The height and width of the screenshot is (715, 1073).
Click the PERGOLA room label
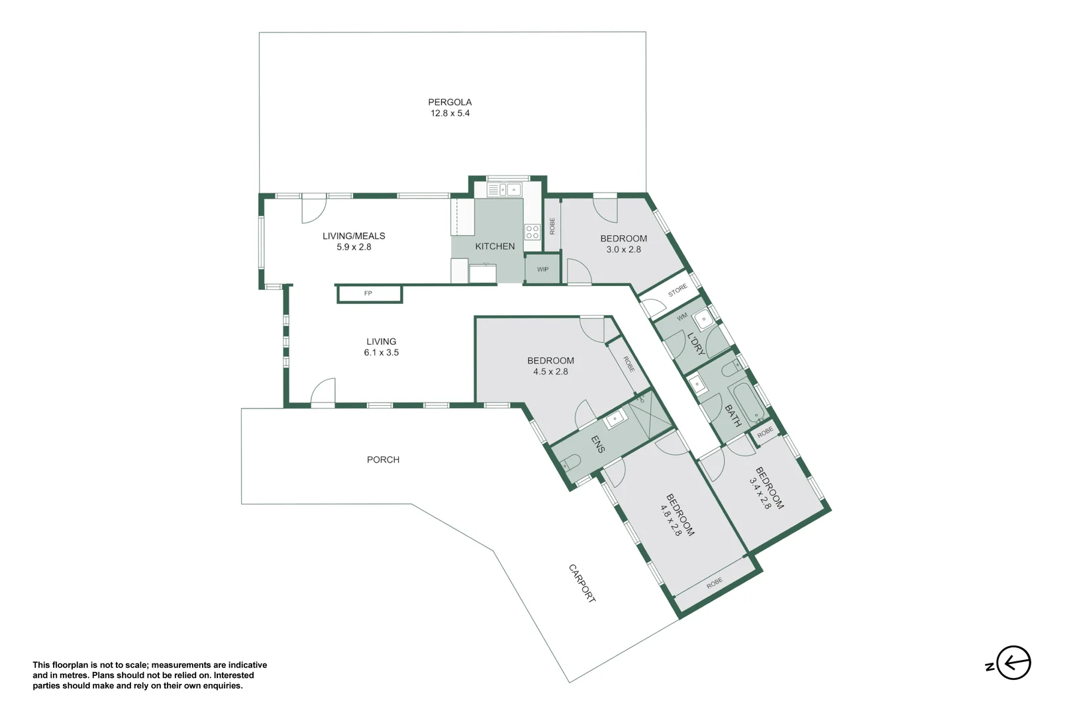(450, 102)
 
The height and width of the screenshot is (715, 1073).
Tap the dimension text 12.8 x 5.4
(450, 113)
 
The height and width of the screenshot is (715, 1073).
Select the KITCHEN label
(495, 246)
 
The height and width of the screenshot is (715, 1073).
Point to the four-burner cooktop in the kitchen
(533, 232)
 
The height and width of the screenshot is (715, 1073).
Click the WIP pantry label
(542, 269)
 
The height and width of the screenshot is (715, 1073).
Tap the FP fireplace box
(369, 293)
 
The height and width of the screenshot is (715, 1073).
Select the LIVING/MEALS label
(354, 236)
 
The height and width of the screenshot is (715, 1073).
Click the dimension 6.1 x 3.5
(381, 353)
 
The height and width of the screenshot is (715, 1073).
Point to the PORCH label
(383, 459)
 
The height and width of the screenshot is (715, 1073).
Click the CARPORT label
(582, 583)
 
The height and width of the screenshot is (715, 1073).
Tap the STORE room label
(678, 290)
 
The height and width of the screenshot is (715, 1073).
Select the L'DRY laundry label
(695, 344)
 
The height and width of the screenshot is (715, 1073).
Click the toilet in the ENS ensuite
(570, 462)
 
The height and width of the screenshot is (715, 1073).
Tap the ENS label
(597, 444)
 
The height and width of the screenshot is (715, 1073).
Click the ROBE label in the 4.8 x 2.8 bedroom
(714, 583)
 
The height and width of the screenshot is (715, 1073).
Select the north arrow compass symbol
(1013, 663)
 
